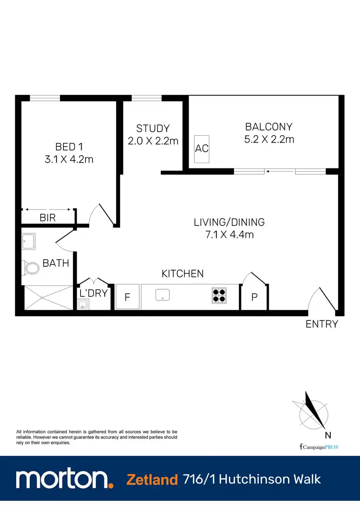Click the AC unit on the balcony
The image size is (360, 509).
coord(202,148)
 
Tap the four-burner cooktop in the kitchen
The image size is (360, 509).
coord(219,295)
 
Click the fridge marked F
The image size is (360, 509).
coord(128,297)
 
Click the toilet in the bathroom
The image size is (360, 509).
coord(32,268)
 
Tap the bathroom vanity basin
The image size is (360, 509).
coord(28,241)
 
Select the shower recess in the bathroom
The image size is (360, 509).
coord(46,297)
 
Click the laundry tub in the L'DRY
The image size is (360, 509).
coord(83,304)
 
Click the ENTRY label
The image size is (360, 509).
coord(322,324)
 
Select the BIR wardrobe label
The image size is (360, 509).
coord(48,218)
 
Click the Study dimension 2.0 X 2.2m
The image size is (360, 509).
coord(153,141)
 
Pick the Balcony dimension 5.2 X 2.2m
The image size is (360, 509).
coord(268,140)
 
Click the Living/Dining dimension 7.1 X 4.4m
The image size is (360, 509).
coord(229,235)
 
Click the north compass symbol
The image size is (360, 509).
coord(314,412)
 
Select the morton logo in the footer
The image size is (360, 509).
coord(64,479)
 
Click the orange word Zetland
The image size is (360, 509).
coord(152,479)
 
